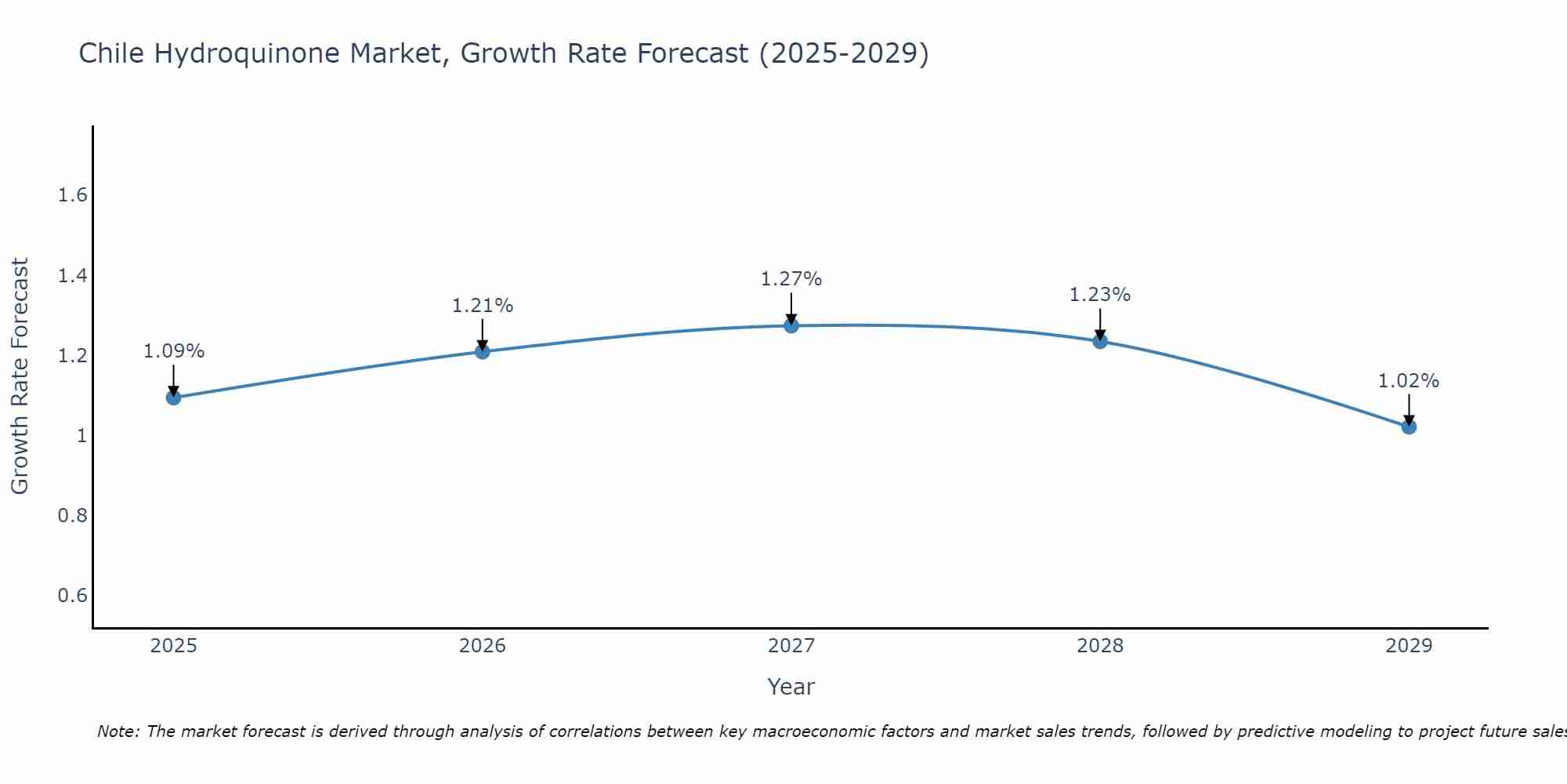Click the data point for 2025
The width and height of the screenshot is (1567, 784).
(174, 397)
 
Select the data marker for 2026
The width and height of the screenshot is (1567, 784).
(483, 351)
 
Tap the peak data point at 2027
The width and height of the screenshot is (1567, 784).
(791, 325)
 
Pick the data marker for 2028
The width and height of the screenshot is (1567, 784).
(1100, 341)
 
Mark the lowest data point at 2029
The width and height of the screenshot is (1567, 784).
(1409, 426)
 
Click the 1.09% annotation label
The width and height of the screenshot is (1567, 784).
(174, 351)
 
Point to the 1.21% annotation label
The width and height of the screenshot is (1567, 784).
(483, 306)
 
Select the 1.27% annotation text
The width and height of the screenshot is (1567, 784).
(791, 279)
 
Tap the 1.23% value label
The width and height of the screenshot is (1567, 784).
(1100, 295)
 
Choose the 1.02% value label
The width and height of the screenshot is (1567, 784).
(1409, 381)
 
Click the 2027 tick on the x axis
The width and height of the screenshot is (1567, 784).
(791, 646)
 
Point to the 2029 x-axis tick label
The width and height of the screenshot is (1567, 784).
(1409, 646)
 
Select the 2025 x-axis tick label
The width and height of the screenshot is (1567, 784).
(174, 646)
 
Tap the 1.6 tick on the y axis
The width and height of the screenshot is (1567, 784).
(72, 195)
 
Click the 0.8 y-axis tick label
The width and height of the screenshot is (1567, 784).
(72, 516)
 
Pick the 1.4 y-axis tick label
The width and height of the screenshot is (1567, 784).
(72, 276)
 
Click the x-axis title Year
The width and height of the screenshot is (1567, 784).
(791, 687)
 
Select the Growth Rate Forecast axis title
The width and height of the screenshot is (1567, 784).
(20, 376)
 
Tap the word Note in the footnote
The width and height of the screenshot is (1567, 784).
(118, 731)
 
